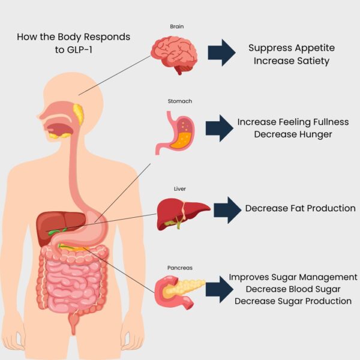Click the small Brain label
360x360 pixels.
(x=177, y=26)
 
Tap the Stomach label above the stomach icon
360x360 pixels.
(x=180, y=101)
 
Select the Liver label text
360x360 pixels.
(x=180, y=189)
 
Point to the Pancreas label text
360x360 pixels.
(x=180, y=268)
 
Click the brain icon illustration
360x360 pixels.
(x=175, y=55)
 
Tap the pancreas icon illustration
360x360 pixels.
(x=178, y=292)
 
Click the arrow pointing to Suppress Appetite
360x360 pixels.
(x=221, y=53)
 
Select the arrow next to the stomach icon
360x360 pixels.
(x=220, y=128)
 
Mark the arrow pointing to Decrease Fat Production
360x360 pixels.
(x=227, y=210)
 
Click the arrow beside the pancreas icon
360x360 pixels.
(x=220, y=290)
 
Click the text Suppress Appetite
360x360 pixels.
(x=292, y=48)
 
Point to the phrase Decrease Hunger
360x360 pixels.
(x=293, y=134)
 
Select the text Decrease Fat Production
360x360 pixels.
(x=301, y=208)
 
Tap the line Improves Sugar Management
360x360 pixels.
(x=293, y=277)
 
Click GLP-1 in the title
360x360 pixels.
(x=73, y=49)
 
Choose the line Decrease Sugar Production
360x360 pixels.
(x=293, y=301)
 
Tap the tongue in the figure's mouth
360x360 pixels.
(x=60, y=129)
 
